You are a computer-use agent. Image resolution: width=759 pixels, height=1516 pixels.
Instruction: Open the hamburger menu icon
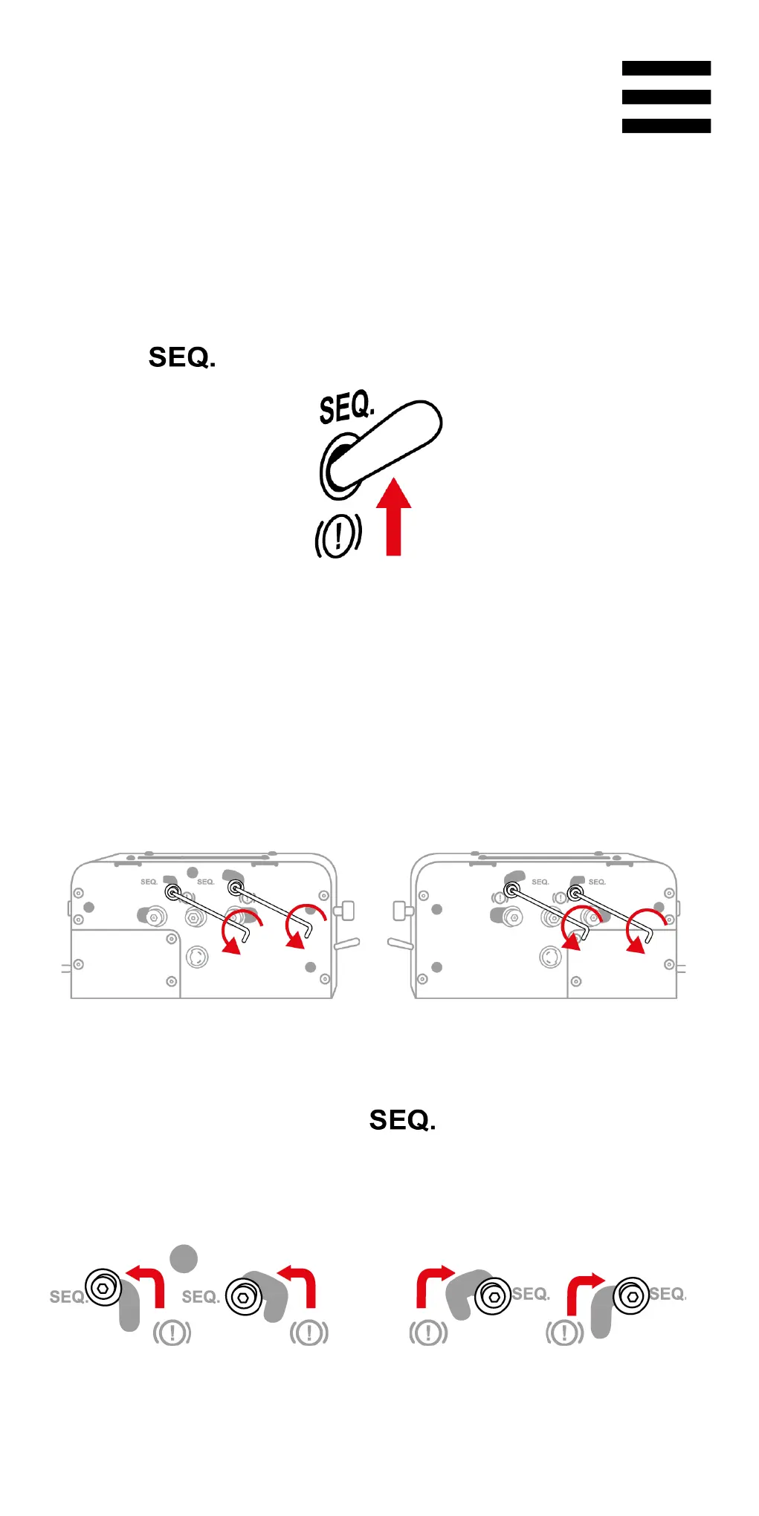(x=666, y=97)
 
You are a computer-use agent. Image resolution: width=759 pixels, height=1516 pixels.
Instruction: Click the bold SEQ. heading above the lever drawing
(x=182, y=357)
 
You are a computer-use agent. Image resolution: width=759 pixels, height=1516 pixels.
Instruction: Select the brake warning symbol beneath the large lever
(x=338, y=535)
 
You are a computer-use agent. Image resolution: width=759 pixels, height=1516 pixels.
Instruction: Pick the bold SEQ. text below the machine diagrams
(x=402, y=1120)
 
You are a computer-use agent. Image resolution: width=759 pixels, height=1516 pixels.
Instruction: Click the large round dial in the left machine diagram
(x=196, y=957)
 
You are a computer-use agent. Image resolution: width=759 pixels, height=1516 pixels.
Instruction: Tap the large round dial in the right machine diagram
(x=550, y=957)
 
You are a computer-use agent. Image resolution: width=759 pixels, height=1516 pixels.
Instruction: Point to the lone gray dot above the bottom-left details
(x=184, y=1258)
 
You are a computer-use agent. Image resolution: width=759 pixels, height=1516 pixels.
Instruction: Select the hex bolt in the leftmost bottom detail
(x=103, y=1287)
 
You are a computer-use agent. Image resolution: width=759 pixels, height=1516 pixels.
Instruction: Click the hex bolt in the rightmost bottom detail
(x=631, y=1296)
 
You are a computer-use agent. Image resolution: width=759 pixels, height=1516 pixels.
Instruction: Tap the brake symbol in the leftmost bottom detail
(x=172, y=1333)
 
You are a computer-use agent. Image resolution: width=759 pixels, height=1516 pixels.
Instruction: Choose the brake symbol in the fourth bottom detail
(x=564, y=1333)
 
